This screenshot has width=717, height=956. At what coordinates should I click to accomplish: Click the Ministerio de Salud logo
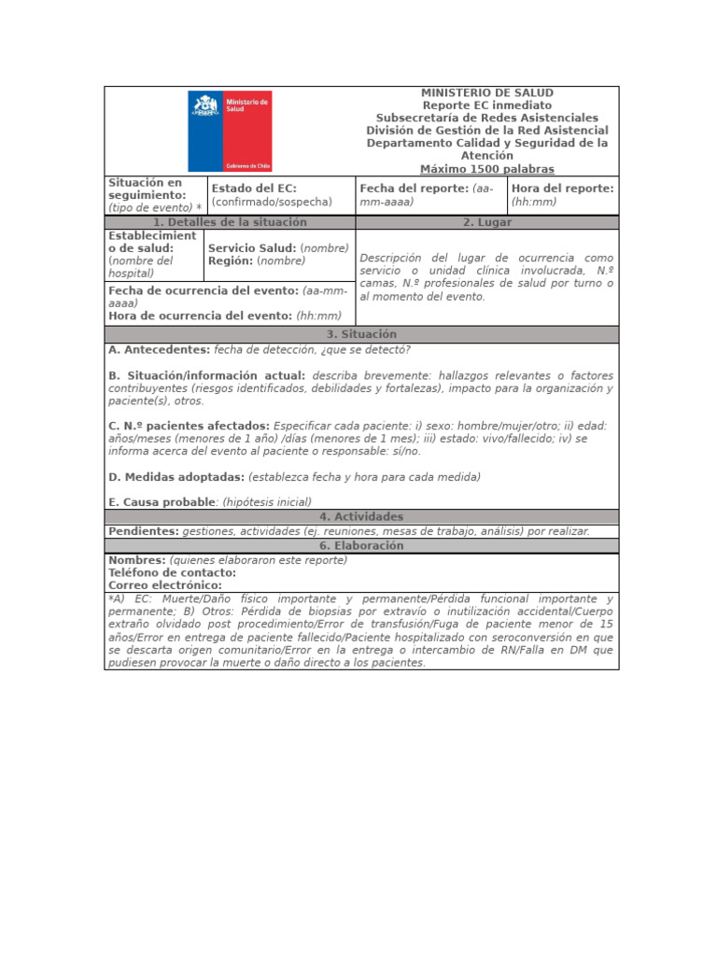[230, 131]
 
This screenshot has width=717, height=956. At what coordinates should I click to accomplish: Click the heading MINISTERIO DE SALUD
[486, 93]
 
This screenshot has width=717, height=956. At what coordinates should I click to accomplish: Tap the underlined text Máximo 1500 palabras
[486, 169]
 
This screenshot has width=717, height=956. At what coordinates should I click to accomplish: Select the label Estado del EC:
[254, 189]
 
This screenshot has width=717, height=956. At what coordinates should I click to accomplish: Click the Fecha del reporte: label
[415, 189]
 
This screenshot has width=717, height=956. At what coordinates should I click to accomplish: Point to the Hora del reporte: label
[563, 189]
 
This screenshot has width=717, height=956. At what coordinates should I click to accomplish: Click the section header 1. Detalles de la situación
[230, 222]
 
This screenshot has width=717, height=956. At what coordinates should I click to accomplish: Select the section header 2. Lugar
[486, 222]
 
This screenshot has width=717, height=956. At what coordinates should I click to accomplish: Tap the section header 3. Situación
[361, 334]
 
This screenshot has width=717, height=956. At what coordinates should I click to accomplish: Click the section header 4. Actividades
[361, 516]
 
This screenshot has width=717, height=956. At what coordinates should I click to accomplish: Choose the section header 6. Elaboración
[361, 545]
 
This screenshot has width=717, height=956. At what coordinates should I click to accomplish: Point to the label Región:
[231, 261]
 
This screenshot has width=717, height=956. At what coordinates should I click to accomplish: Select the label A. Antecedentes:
[160, 350]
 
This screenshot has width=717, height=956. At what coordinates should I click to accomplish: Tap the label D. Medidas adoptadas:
[176, 477]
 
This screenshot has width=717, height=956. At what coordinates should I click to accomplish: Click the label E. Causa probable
[162, 502]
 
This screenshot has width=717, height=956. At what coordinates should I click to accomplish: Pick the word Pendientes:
[144, 530]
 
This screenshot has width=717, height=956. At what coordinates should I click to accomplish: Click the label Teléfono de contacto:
[172, 572]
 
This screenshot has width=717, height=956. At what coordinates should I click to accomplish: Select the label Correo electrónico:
[165, 585]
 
